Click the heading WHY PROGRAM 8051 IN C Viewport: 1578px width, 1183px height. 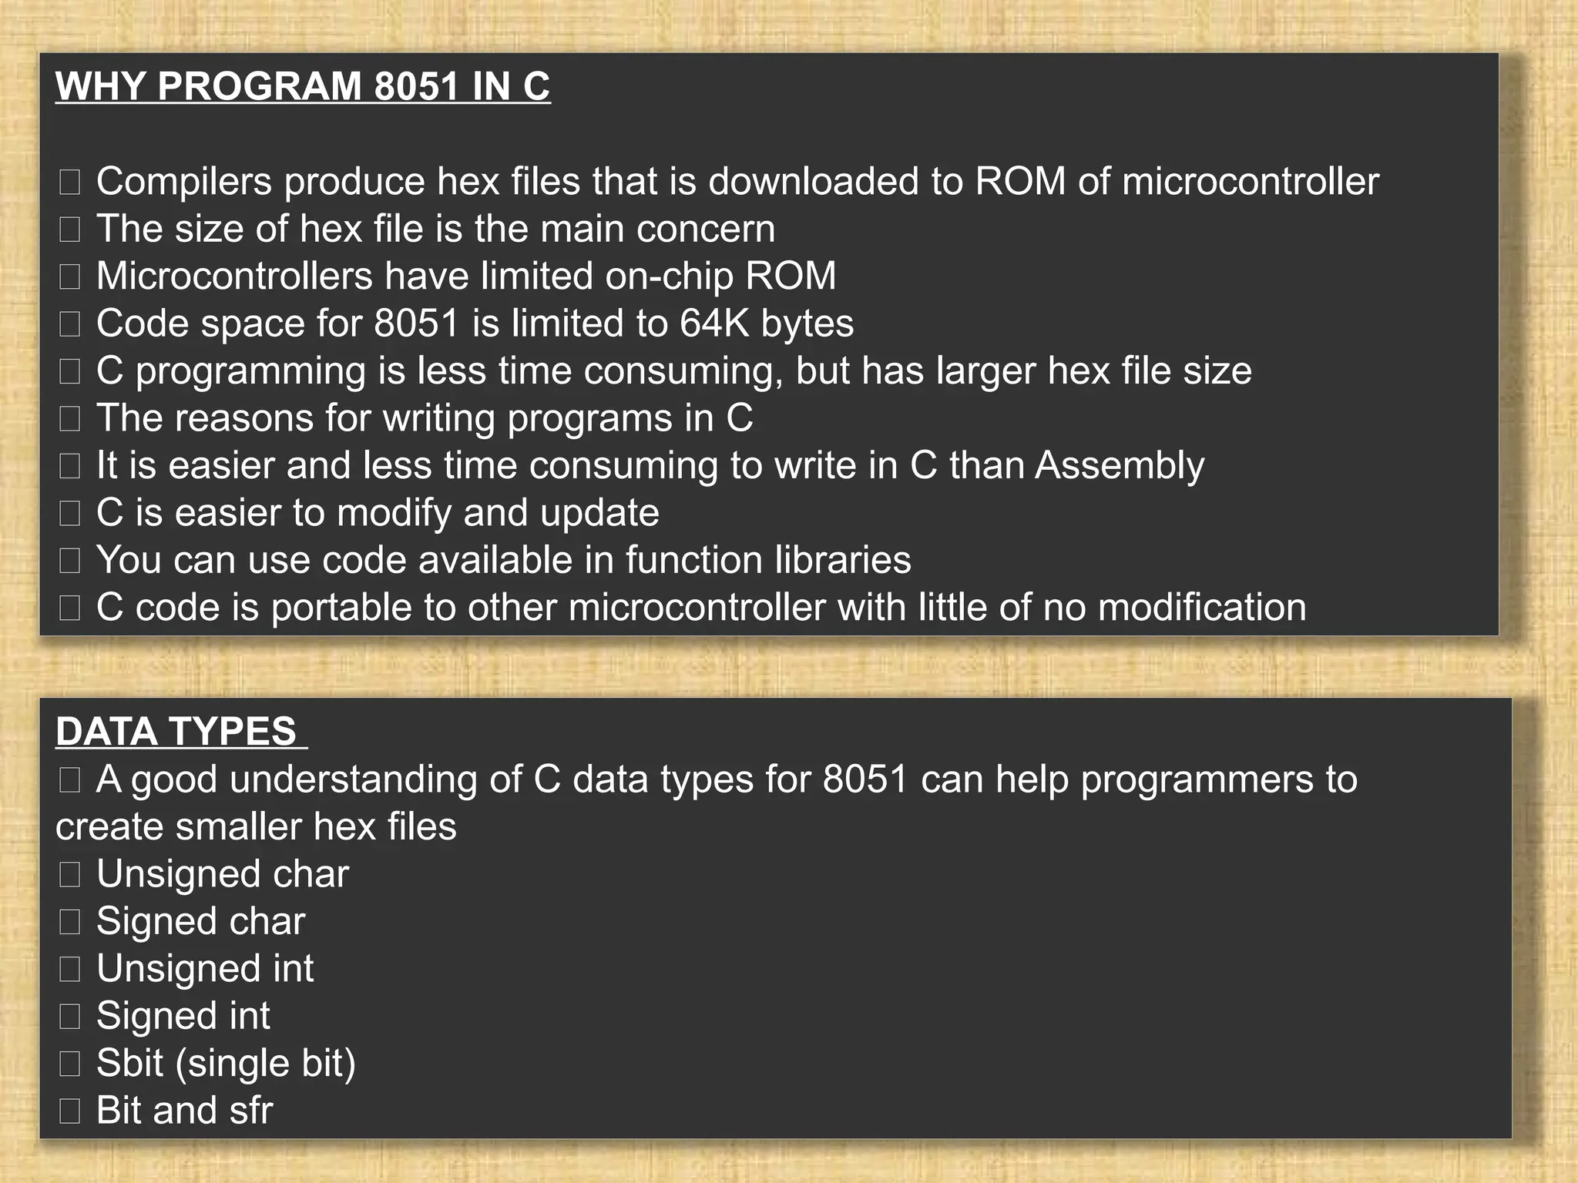tap(303, 85)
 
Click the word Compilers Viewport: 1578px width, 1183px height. tap(184, 183)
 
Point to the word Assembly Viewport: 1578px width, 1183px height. tap(1119, 466)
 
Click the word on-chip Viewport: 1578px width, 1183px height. tap(669, 276)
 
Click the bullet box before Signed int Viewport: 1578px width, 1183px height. tap(69, 1017)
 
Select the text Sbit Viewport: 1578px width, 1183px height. tap(129, 1064)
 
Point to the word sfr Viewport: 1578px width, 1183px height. tap(250, 1111)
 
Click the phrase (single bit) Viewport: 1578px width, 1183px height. tap(266, 1064)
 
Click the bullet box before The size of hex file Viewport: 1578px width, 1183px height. tap(69, 230)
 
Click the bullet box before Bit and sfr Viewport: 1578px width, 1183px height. tap(69, 1111)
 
